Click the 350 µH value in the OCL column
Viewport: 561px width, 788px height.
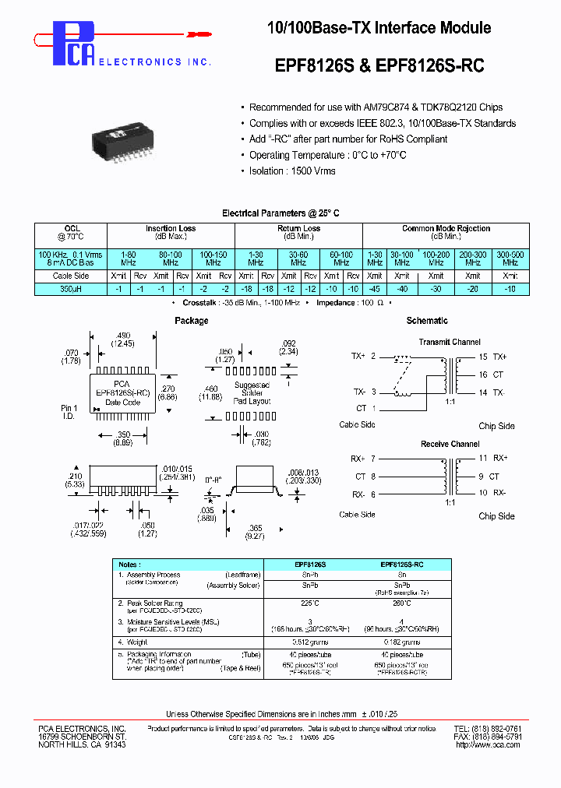tap(70, 289)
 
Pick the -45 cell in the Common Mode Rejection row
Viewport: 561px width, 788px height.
tap(375, 289)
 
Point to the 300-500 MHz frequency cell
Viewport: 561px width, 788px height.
tap(510, 259)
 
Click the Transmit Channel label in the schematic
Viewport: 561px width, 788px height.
tap(450, 342)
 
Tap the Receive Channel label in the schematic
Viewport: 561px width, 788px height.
tap(450, 445)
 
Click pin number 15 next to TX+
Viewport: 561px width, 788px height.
tap(483, 357)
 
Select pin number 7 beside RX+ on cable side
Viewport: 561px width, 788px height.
tap(373, 459)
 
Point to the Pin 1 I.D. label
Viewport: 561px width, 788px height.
tap(69, 412)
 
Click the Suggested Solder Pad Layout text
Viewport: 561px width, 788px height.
tap(251, 392)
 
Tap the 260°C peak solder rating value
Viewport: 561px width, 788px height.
tap(401, 603)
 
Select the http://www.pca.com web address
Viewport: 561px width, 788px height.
tap(487, 745)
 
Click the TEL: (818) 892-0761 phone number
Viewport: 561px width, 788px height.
tap(488, 729)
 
